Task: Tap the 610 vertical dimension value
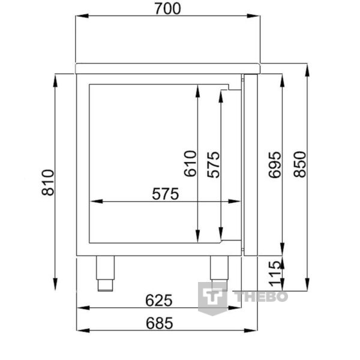[190, 163]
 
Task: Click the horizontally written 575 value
[166, 194]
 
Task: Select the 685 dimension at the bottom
[159, 323]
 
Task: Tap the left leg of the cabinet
[106, 273]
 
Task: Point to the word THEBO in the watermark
[260, 296]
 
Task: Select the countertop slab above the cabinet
[167, 68]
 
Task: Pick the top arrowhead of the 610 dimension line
[198, 89]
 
